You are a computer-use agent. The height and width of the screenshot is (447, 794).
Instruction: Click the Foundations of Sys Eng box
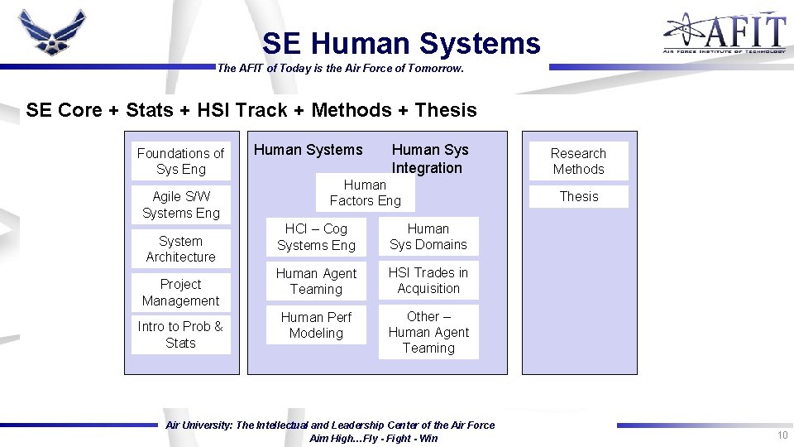tap(180, 161)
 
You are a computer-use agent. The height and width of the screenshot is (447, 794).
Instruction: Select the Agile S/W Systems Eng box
tap(180, 204)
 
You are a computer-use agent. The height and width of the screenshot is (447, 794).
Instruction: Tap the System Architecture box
tap(180, 249)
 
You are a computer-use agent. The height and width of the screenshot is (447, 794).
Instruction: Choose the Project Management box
tap(180, 292)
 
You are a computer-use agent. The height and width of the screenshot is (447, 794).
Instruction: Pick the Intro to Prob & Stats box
tap(180, 334)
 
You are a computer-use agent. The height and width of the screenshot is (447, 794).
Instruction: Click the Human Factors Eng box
tap(365, 193)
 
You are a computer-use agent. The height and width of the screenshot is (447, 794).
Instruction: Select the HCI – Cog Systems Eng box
tap(316, 237)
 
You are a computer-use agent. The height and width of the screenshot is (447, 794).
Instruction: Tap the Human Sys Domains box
tap(428, 237)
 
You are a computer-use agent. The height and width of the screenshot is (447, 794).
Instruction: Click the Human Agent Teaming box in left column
tap(316, 281)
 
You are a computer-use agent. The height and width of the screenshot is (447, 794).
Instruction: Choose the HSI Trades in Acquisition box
tap(428, 281)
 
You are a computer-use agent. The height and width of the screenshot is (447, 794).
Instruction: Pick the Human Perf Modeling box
tap(316, 325)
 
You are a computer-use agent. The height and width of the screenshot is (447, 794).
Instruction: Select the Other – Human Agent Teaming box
tap(428, 332)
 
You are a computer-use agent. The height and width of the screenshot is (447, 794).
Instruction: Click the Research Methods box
tap(578, 161)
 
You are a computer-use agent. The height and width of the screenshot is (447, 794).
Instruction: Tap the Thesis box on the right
tap(578, 197)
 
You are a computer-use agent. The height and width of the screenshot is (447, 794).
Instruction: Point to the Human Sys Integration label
tap(429, 158)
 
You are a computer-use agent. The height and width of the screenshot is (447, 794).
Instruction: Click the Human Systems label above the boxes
tap(308, 150)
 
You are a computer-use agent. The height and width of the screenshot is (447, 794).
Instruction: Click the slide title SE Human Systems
tap(401, 43)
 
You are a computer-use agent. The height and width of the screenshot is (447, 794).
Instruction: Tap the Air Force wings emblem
tap(52, 31)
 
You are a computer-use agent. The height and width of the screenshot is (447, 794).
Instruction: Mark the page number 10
tap(782, 435)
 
